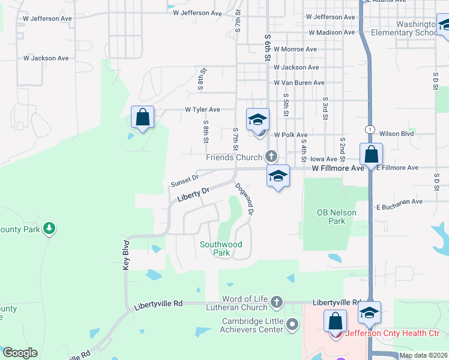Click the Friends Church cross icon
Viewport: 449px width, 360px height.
(271, 157)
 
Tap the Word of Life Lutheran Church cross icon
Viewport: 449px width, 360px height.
(276, 301)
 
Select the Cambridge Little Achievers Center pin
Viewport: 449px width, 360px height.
(292, 325)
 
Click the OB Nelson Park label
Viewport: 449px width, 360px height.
(337, 217)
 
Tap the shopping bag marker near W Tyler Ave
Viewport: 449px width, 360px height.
(143, 117)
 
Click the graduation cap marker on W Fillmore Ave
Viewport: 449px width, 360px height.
(278, 176)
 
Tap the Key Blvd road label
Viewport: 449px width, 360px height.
(127, 255)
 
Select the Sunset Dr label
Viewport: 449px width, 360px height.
(184, 179)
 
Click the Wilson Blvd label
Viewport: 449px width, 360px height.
(397, 133)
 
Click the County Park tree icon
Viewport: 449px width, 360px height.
(49, 229)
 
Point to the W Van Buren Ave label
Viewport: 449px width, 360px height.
(299, 83)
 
